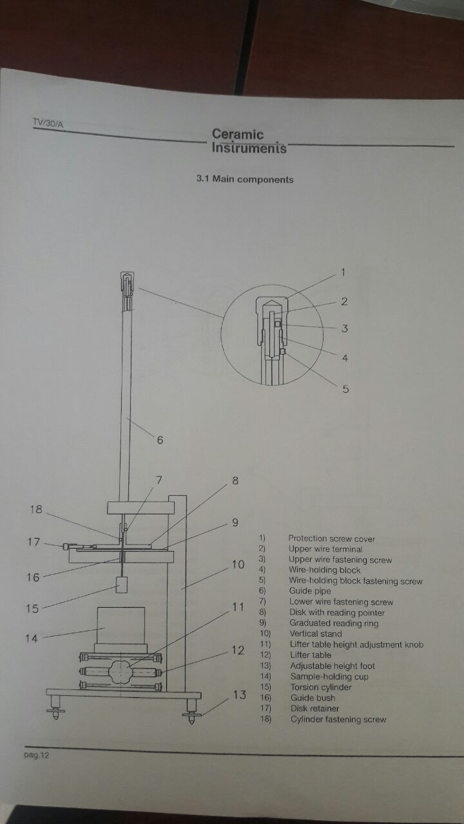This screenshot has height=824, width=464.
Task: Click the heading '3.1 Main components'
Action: pos(245,179)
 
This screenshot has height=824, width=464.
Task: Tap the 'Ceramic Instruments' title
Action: pos(248,142)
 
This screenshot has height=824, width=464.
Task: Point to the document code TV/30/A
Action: pos(48,124)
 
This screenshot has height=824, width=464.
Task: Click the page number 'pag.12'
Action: pos(36,755)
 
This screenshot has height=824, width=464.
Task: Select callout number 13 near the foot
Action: pos(239,695)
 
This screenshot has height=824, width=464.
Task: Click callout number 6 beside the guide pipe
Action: pos(159,440)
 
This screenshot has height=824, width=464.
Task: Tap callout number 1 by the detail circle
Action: pos(343,272)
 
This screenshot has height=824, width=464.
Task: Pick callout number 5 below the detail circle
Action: pos(345,389)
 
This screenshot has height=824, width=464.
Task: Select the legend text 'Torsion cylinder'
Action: pos(320,688)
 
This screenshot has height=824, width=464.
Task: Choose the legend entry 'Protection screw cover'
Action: pos(331,539)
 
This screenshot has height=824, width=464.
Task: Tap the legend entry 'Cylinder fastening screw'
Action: pos(338,719)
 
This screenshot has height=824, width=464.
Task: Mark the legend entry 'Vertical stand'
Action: pos(315,634)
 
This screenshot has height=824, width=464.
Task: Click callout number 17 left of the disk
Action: pos(34,542)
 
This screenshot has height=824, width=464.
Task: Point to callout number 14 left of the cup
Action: pos(32,639)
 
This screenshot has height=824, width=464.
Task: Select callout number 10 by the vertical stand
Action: pos(238,565)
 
